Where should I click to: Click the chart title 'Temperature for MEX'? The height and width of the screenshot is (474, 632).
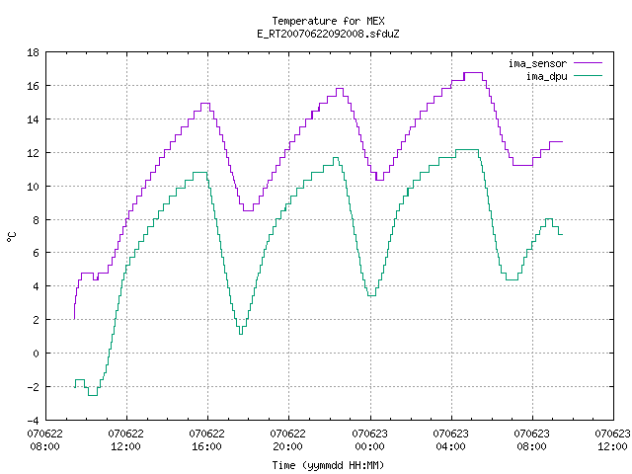[328, 21]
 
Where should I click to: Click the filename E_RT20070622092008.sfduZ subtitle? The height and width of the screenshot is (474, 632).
[328, 34]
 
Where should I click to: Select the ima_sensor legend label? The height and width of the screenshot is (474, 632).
[537, 63]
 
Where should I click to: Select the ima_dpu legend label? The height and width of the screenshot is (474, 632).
[546, 76]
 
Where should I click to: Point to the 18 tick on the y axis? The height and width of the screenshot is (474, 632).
[33, 52]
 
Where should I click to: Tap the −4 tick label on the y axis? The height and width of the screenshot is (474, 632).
[33, 421]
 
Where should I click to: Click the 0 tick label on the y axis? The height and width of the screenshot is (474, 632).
[37, 354]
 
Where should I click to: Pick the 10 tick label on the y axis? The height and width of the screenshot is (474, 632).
[33, 187]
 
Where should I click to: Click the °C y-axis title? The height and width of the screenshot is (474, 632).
[11, 237]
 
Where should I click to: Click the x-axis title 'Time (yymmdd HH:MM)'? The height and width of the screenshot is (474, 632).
[328, 465]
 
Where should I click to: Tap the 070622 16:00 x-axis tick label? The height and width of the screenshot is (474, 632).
[206, 440]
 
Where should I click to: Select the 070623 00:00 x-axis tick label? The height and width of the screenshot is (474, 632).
[369, 440]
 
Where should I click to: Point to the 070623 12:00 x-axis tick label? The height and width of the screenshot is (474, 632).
[612, 440]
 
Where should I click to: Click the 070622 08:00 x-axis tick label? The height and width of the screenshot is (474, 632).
[44, 440]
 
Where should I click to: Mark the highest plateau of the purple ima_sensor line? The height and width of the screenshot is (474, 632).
[473, 72]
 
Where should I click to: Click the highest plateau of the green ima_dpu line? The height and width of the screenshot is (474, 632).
[467, 149]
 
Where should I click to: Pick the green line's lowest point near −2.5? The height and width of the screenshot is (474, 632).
[93, 395]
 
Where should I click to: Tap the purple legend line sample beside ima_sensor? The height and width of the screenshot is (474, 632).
[589, 63]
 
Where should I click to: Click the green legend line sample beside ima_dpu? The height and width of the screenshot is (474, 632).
[589, 76]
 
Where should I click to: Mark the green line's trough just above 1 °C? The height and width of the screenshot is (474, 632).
[241, 334]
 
